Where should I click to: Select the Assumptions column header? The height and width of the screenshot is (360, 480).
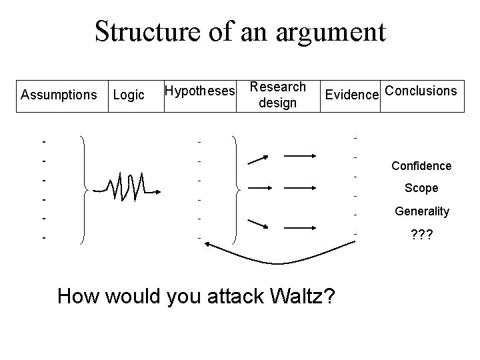pyautogui.click(x=59, y=95)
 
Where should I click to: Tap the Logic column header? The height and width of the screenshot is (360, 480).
pyautogui.click(x=129, y=95)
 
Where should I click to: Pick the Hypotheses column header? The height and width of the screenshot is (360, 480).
pyautogui.click(x=200, y=90)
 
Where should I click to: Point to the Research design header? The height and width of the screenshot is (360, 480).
pyautogui.click(x=277, y=95)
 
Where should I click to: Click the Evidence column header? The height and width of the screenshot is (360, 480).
pyautogui.click(x=351, y=95)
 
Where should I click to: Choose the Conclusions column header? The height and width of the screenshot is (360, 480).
pyautogui.click(x=421, y=90)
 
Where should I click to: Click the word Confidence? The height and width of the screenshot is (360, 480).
pyautogui.click(x=421, y=166)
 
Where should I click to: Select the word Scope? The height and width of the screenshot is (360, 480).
pyautogui.click(x=421, y=188)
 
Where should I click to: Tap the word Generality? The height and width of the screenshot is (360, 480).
pyautogui.click(x=421, y=211)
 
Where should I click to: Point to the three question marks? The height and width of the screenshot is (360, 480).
pyautogui.click(x=421, y=235)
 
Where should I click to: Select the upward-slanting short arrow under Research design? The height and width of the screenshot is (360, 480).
pyautogui.click(x=258, y=159)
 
